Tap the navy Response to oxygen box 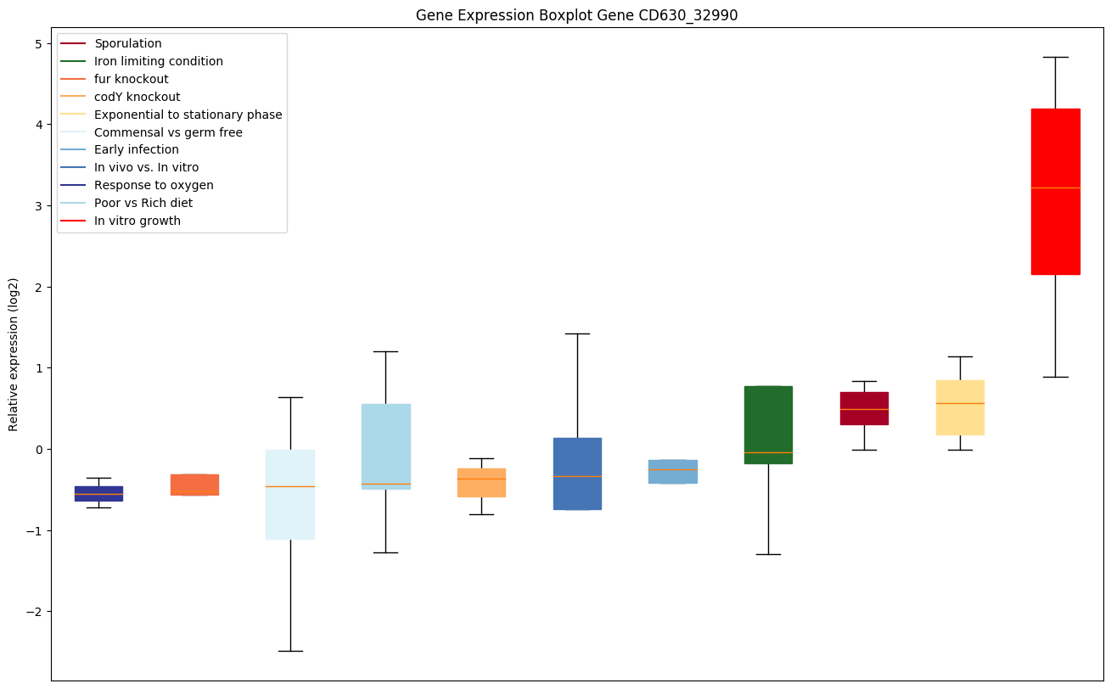tap(98, 494)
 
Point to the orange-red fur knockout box tap(194, 485)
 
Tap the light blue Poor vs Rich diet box tap(385, 441)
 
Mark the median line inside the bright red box tap(1055, 188)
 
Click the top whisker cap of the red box tap(1055, 57)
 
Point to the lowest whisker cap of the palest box tap(290, 651)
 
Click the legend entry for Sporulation tap(128, 43)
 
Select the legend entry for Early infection tap(137, 150)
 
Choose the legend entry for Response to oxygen tap(154, 185)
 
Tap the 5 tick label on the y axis tap(38, 44)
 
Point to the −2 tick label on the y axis tap(35, 612)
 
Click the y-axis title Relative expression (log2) tap(13, 354)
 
